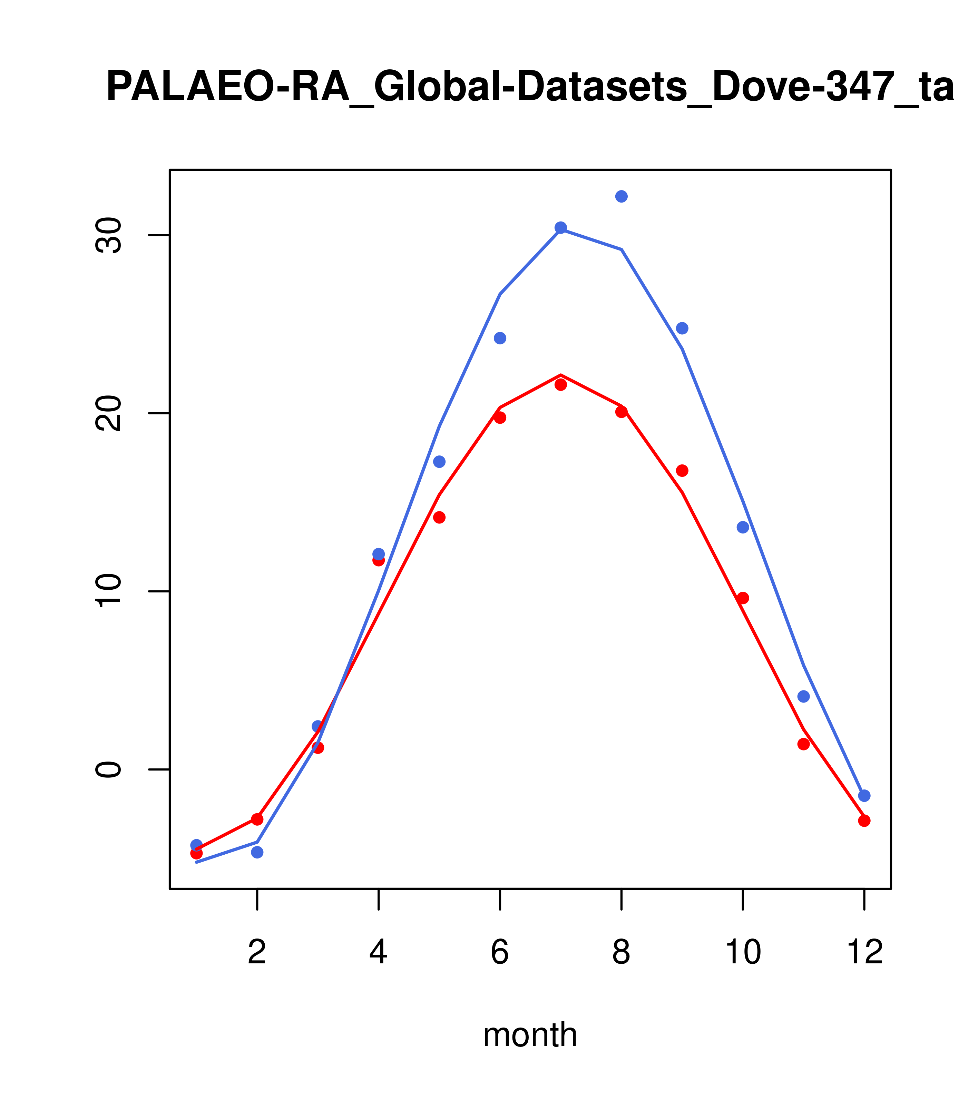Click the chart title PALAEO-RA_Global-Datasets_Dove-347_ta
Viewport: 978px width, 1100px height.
tap(530, 87)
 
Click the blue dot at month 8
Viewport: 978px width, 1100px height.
tap(621, 196)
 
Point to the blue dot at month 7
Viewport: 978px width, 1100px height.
tap(560, 228)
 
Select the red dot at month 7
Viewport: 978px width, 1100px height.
tap(560, 385)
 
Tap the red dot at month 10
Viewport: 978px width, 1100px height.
tap(743, 598)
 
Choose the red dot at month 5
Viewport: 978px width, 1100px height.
tap(439, 517)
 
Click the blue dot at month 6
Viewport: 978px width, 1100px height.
tap(500, 338)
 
